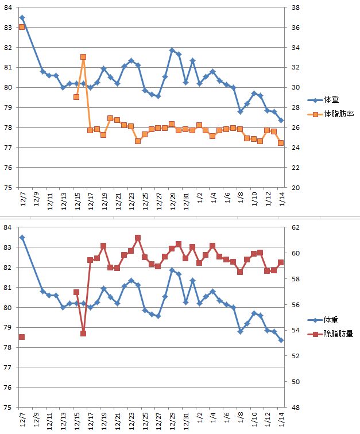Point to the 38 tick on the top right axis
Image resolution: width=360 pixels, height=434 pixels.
(x=296, y=7)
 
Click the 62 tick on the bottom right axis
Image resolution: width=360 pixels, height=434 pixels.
(x=296, y=228)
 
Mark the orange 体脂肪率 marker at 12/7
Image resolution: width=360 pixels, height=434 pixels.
(x=22, y=27)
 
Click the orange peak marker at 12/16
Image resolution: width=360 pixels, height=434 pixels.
(x=83, y=57)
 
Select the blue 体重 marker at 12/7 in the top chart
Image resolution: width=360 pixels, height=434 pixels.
(x=22, y=18)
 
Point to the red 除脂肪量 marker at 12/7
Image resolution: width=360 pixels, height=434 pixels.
(x=22, y=336)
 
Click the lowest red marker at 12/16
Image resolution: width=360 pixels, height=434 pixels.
(x=83, y=334)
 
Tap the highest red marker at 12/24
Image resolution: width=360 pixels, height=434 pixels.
(x=138, y=238)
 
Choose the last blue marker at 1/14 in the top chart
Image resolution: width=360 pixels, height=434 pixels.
(x=281, y=121)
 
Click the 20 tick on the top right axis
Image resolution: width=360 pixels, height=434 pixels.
(x=296, y=188)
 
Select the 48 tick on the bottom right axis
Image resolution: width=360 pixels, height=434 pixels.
(x=296, y=408)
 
